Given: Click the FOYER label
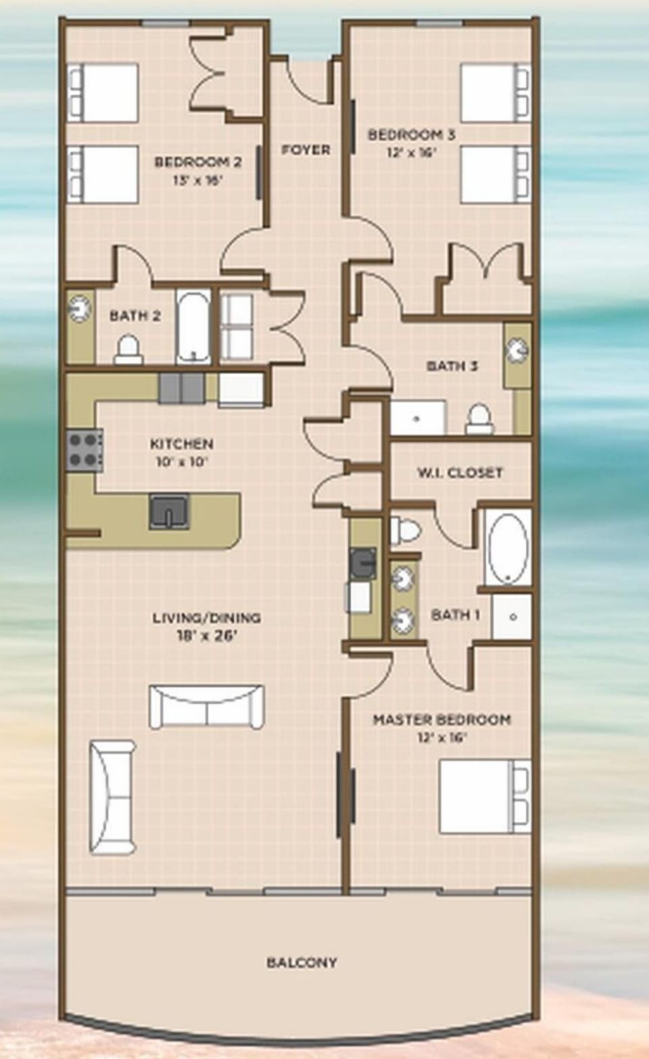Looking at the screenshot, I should click(x=306, y=149).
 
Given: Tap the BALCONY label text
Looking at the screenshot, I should click(x=302, y=962).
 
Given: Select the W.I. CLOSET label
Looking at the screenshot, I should click(x=460, y=472).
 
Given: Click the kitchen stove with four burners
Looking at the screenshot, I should click(x=85, y=450).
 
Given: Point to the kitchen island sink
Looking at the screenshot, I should click(x=169, y=511).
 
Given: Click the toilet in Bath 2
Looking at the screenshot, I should click(x=127, y=350).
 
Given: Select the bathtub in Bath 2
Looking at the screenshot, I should click(x=193, y=327).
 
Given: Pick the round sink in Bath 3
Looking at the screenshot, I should click(x=518, y=350).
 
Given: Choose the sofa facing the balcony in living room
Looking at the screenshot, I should click(x=206, y=707).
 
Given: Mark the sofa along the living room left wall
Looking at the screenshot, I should click(x=112, y=797).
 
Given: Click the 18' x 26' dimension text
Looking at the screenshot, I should click(x=206, y=636).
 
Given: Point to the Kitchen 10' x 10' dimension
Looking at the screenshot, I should click(x=181, y=462).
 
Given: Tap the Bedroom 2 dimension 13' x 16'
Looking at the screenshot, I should click(x=197, y=180).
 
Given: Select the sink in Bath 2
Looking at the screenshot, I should click(x=80, y=308).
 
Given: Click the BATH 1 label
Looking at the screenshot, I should click(x=456, y=615).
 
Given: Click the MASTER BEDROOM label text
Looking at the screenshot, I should click(x=441, y=720).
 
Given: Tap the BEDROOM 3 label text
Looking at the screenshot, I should click(x=411, y=135).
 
